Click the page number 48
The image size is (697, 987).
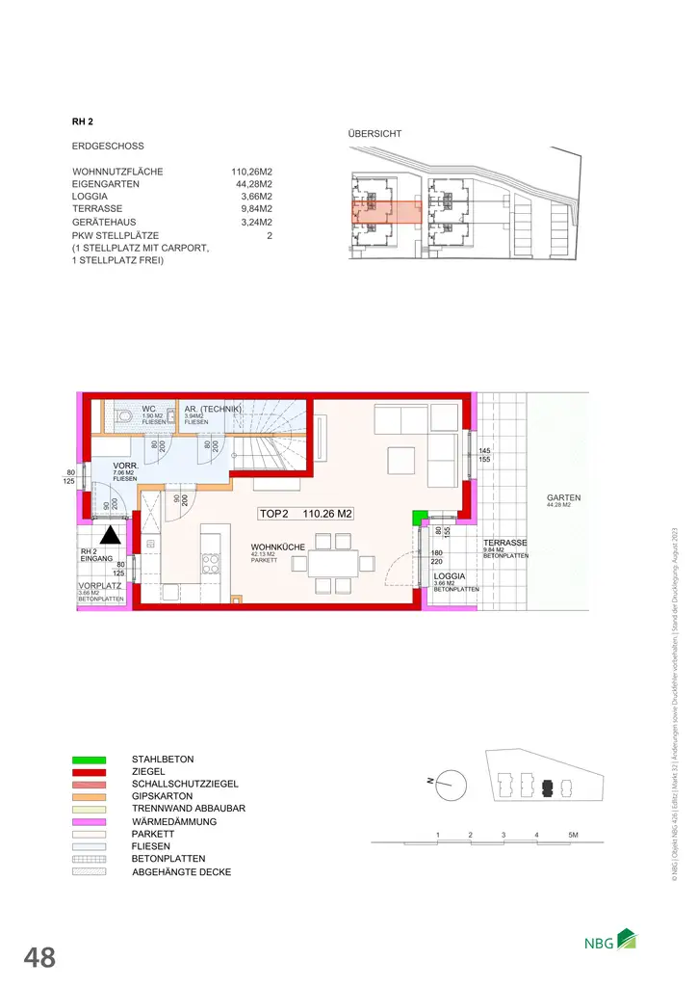point(39,957)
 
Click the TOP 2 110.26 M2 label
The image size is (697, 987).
point(306,514)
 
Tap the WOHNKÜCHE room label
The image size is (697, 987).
point(277,547)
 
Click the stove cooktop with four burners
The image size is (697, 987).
point(211,563)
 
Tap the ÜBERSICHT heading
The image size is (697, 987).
point(374,134)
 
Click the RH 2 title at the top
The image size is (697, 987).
point(82,121)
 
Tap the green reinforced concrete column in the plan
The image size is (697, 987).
point(418,518)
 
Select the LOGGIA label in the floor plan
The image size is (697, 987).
point(451,575)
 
